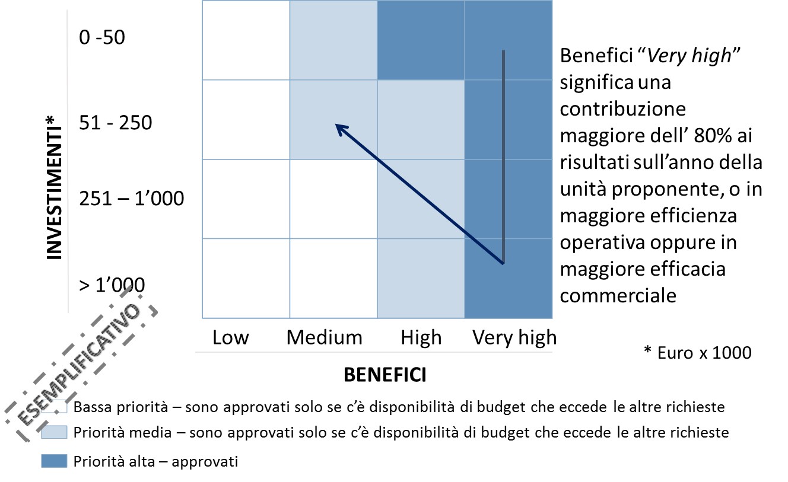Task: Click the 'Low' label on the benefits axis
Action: [230, 337]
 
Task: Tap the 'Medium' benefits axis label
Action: [324, 337]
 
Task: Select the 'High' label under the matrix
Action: [421, 337]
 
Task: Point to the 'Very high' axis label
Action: [514, 337]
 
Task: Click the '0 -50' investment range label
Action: [102, 37]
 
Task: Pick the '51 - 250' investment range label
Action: [115, 123]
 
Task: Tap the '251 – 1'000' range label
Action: [131, 198]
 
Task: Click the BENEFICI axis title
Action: [385, 375]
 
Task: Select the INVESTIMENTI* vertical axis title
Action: [54, 189]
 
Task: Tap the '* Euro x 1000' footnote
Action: [697, 353]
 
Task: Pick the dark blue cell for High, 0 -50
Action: [421, 40]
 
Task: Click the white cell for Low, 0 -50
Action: [246, 40]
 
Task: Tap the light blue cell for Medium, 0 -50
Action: [333, 40]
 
